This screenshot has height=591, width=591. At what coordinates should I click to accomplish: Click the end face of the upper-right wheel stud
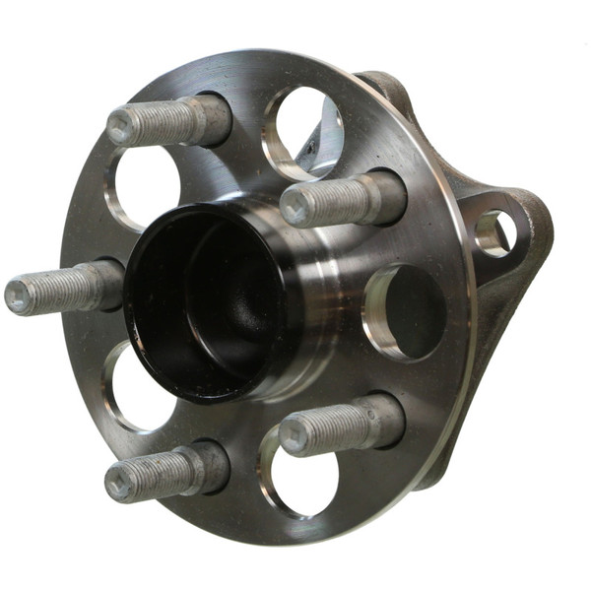296,208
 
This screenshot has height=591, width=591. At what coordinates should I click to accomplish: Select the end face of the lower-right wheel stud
295,433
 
